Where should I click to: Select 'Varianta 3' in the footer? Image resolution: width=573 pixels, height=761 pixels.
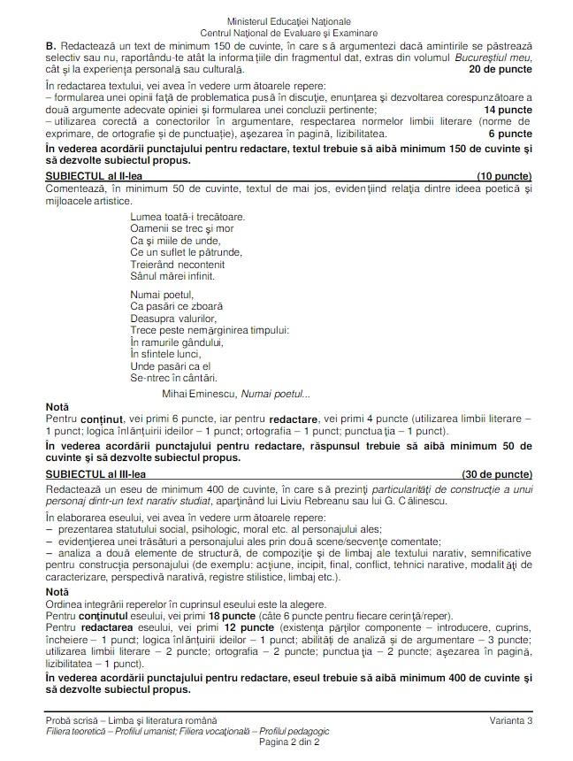(510, 721)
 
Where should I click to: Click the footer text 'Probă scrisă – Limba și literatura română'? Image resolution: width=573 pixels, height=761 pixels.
(132, 721)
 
